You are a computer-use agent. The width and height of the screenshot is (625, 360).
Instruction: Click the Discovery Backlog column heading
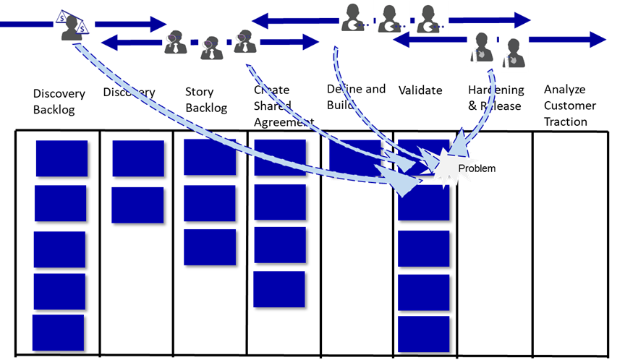coord(59,101)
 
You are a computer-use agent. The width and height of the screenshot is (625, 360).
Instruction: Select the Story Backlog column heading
coord(206,100)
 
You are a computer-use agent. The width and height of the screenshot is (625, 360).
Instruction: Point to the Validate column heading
coord(420,90)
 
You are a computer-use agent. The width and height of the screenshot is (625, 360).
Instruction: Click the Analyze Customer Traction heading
coord(570,106)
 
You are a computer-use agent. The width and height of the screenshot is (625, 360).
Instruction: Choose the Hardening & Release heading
coord(496,98)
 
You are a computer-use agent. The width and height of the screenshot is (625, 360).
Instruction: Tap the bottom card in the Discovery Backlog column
coord(58,333)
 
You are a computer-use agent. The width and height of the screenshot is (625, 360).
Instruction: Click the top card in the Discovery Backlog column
coord(61,158)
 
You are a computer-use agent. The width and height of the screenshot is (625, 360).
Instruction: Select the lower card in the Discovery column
coord(137,205)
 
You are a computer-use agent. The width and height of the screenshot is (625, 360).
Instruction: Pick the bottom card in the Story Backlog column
coord(209,247)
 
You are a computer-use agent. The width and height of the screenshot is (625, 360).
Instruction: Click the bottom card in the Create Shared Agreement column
coord(279,288)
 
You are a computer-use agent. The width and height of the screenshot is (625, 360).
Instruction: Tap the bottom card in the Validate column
coord(423,333)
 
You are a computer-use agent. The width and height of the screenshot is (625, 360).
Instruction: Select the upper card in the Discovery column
coord(138,158)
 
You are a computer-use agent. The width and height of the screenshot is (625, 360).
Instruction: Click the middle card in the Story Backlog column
coord(209,202)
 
